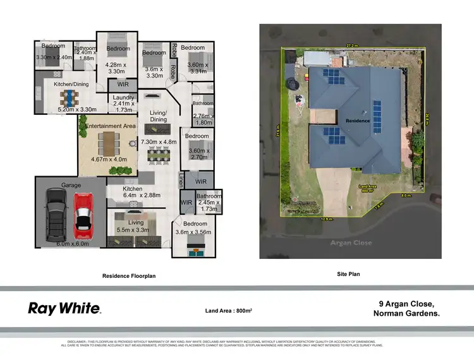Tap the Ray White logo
[x=64, y=308]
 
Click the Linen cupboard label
[x=181, y=180]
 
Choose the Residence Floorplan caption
[x=129, y=276]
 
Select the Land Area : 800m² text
[x=229, y=311]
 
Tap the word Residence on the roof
[x=358, y=119]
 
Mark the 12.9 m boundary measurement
[x=325, y=219]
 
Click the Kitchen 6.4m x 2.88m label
[x=133, y=193]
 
